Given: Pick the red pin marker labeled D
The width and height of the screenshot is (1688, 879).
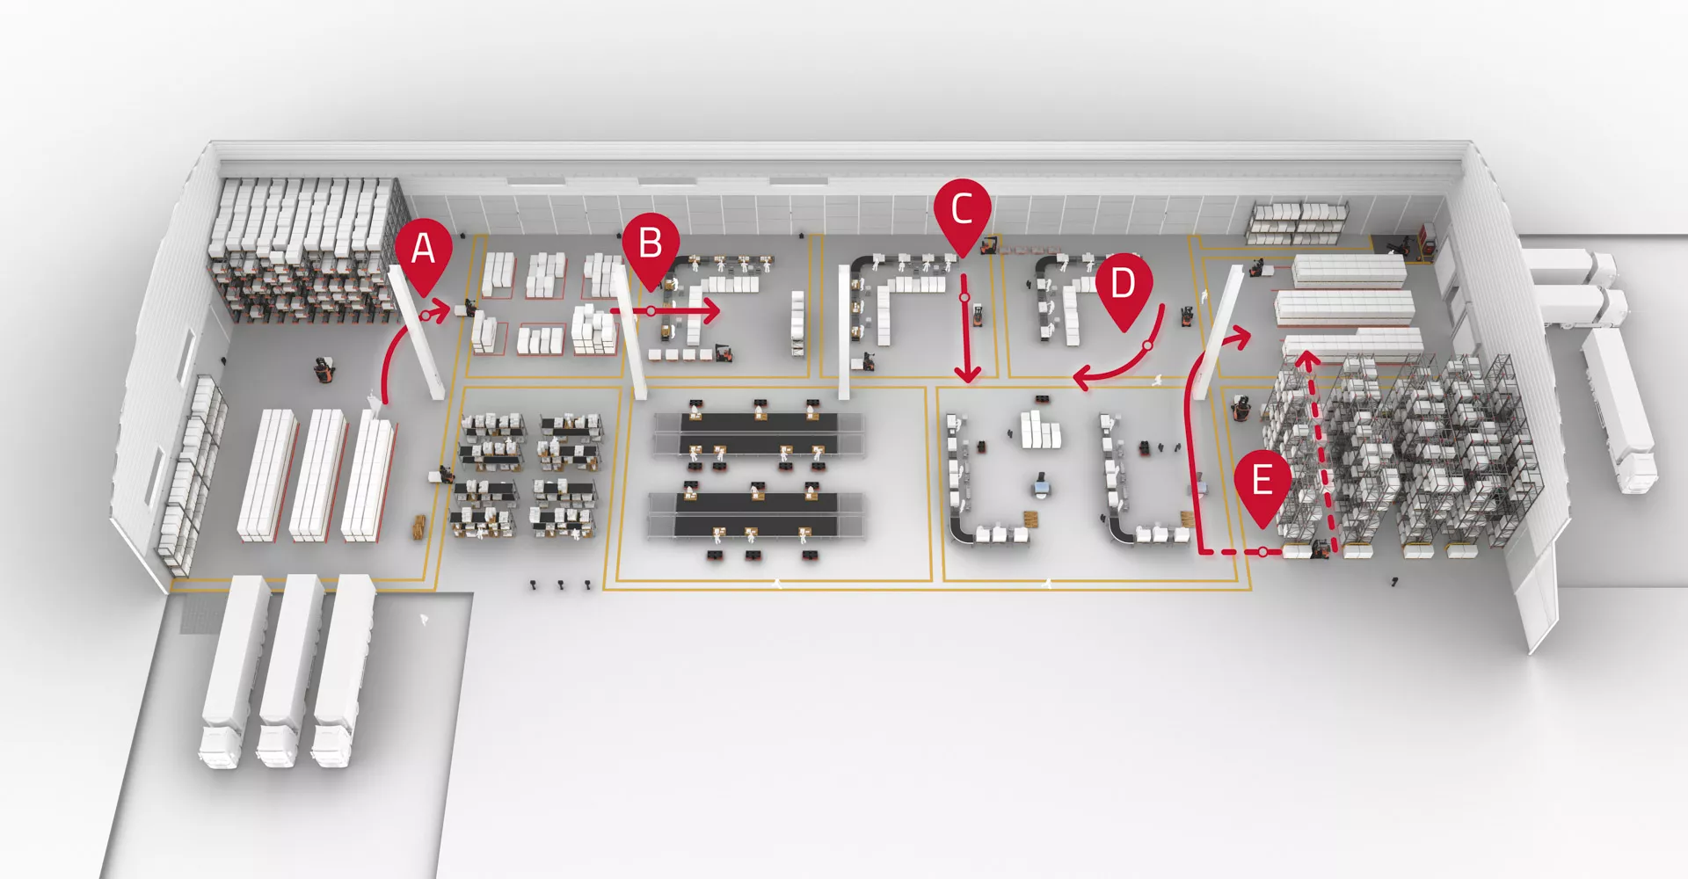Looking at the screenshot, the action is coord(1123,287).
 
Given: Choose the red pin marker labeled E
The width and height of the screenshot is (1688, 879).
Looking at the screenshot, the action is coord(1262,483).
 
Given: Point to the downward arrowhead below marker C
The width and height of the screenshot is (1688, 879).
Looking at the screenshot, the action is coord(968,374).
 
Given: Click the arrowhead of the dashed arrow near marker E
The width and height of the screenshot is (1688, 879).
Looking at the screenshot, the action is coord(1307,358).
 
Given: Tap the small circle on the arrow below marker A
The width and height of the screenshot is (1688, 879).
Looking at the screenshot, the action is coord(426,314).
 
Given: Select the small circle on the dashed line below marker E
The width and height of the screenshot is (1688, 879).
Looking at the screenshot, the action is coord(1262,552).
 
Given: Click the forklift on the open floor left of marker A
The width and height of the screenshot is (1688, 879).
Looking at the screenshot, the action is coord(324,370).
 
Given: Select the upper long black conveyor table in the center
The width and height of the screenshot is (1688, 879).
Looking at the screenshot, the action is coord(758,432).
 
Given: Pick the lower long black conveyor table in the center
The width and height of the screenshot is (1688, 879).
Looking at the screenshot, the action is coord(756,512).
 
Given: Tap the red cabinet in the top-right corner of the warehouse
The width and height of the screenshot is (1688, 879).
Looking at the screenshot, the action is coord(1425,241).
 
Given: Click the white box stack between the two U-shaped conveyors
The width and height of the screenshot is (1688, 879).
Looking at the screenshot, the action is coord(1040,431).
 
